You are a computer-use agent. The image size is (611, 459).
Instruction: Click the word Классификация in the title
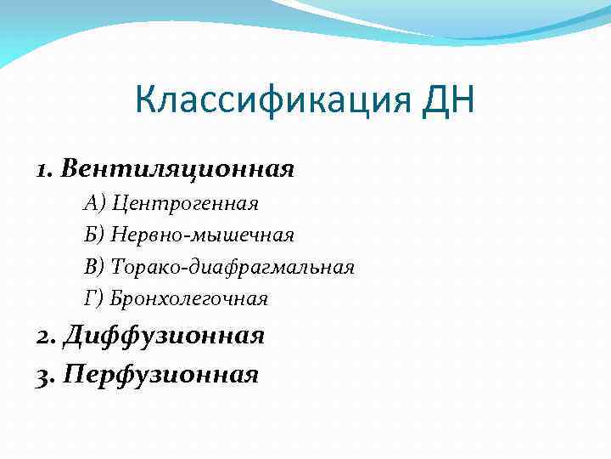click(x=271, y=105)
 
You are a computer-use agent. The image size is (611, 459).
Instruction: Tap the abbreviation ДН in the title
click(x=447, y=104)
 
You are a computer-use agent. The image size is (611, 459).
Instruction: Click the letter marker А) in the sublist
click(x=94, y=203)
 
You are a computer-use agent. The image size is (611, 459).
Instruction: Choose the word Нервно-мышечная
click(x=203, y=235)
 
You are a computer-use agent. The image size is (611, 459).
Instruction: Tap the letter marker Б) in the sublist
click(x=94, y=235)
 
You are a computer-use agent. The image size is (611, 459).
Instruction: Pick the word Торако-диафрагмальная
click(x=233, y=267)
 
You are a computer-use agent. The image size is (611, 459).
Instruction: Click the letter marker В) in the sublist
click(x=94, y=267)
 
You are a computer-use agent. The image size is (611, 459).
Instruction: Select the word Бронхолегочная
click(x=189, y=298)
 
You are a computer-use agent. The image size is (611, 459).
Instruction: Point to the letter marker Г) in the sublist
click(x=93, y=298)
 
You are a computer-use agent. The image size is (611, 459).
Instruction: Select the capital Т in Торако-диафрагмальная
click(x=117, y=267)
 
